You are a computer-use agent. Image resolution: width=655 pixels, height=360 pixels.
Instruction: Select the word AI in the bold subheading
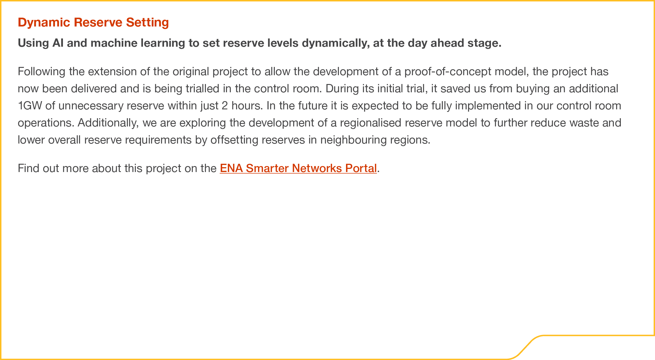click(x=58, y=43)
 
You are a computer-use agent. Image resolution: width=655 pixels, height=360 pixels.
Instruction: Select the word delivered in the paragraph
click(x=94, y=89)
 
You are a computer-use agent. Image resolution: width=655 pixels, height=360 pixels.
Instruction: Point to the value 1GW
click(x=30, y=106)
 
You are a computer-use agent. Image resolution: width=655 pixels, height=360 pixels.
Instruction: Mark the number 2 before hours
click(x=225, y=106)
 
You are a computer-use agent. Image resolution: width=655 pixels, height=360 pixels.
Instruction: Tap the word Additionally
click(x=108, y=123)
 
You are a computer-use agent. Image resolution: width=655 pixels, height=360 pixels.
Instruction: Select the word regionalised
click(x=371, y=123)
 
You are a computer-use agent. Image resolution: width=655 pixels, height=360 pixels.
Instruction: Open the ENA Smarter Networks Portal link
click(x=298, y=168)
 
